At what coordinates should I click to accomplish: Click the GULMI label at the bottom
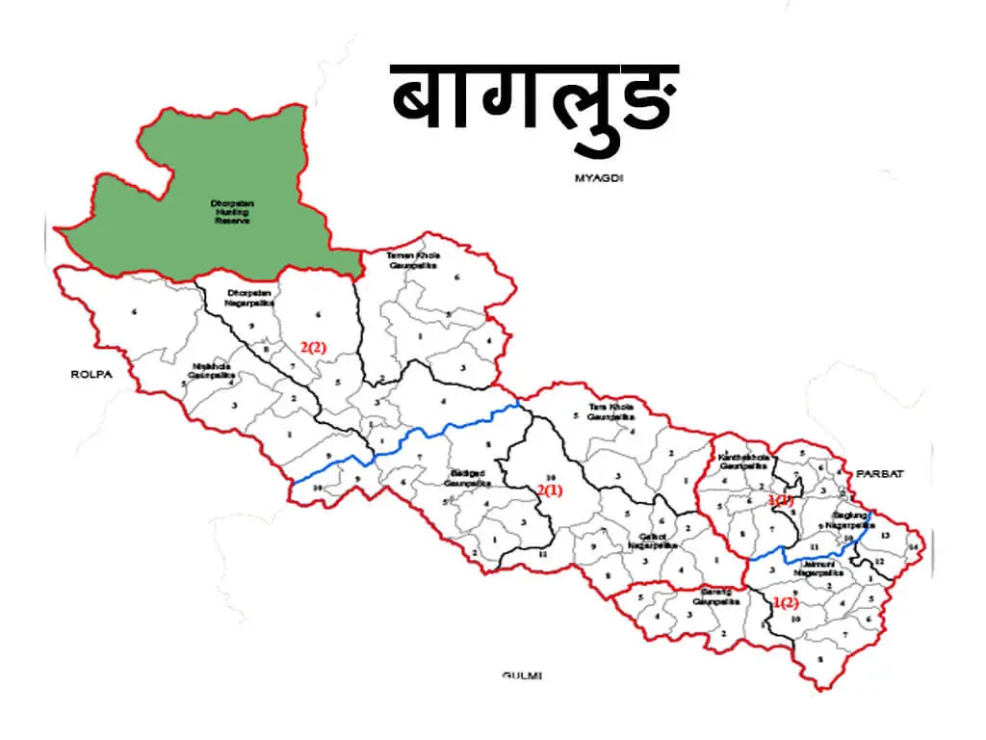pyautogui.click(x=522, y=675)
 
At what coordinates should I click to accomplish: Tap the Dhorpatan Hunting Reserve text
pyautogui.click(x=230, y=212)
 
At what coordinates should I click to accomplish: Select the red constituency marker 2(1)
pyautogui.click(x=550, y=490)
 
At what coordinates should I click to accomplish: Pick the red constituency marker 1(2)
pyautogui.click(x=786, y=603)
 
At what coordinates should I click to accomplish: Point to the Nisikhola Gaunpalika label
pyautogui.click(x=211, y=371)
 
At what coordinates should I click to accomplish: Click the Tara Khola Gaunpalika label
pyautogui.click(x=610, y=412)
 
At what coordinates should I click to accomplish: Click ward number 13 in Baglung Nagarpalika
pyautogui.click(x=886, y=534)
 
